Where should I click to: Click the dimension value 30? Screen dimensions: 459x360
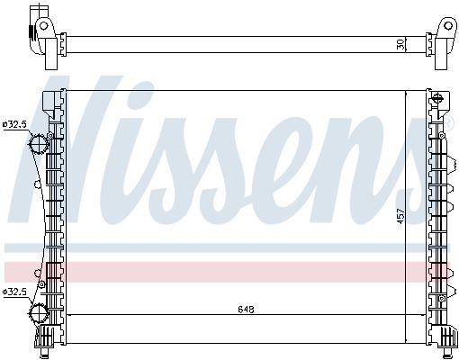(x=401, y=45)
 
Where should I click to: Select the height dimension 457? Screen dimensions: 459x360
(x=401, y=216)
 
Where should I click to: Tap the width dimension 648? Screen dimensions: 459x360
(x=246, y=309)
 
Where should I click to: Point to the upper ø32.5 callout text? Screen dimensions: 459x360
(x=14, y=124)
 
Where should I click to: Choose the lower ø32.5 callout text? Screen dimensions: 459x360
(x=14, y=292)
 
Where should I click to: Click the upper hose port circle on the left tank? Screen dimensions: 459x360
(x=38, y=144)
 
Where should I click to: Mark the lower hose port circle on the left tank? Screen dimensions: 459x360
(x=39, y=313)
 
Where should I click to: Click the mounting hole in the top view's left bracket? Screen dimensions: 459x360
(x=44, y=25)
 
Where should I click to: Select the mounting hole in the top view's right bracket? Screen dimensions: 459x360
(x=448, y=25)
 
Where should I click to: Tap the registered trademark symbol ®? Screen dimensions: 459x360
(x=447, y=124)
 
